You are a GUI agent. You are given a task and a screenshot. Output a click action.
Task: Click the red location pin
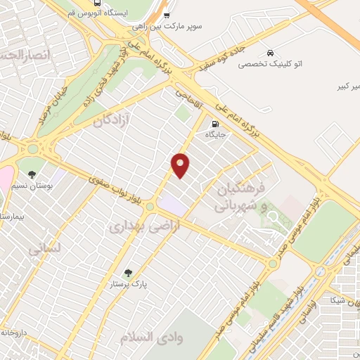pyautogui.click(x=181, y=165)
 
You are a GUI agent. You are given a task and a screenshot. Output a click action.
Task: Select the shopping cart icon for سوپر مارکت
pyautogui.click(x=166, y=15)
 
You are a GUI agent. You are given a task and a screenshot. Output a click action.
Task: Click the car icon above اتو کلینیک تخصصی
pyautogui.click(x=270, y=53)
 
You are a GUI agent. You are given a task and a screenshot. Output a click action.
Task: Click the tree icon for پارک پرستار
pyautogui.click(x=127, y=273)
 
